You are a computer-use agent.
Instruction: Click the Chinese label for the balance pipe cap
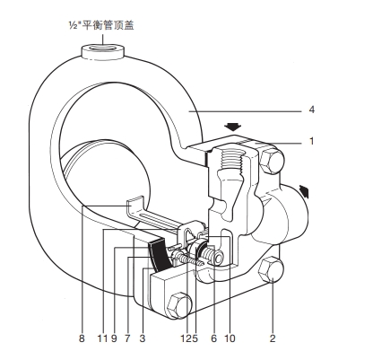point(100,25)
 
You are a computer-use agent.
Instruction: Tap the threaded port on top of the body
point(102,51)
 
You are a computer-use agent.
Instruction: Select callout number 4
point(312,110)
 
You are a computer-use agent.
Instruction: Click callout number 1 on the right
point(311,141)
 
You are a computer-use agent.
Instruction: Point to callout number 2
point(273,338)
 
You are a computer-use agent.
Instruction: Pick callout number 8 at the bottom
point(82,338)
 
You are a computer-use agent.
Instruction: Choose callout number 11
point(102,338)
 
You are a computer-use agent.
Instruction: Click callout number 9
point(114,338)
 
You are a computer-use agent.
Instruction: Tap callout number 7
point(127,338)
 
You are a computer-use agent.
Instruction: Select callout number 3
point(143,338)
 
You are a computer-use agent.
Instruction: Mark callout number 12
point(186,338)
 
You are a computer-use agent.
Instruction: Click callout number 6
point(213,338)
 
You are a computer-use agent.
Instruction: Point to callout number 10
point(230,338)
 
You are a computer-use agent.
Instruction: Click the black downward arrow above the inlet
point(233,127)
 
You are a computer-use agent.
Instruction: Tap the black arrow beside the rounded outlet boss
point(304,191)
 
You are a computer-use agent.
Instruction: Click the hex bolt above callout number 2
point(270,270)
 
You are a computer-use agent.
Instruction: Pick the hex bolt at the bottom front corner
point(178,305)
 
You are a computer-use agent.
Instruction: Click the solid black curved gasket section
point(160,254)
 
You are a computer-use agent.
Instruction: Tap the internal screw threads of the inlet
point(231,162)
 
